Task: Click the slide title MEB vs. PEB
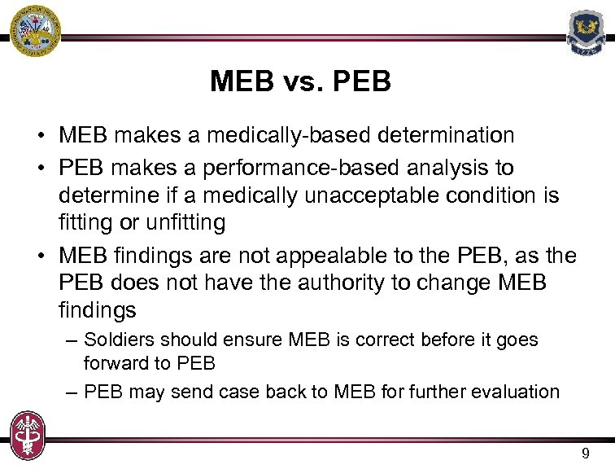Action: click(x=300, y=81)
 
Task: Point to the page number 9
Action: click(x=586, y=454)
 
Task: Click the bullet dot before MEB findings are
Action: click(x=40, y=256)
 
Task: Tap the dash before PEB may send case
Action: click(x=71, y=392)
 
